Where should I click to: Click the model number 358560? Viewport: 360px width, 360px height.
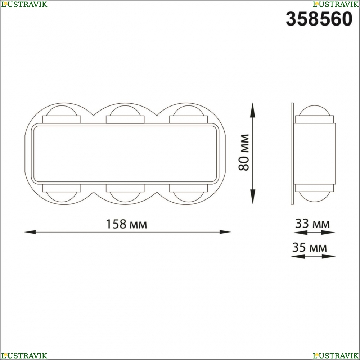319,19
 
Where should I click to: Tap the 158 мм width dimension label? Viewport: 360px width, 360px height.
126,224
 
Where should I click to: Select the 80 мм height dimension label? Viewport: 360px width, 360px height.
244,152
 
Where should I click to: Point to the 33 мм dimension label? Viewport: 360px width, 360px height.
312,224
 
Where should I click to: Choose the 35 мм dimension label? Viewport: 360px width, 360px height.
309,248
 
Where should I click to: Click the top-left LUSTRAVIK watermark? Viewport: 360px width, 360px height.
24,4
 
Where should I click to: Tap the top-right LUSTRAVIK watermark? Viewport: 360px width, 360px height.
336,4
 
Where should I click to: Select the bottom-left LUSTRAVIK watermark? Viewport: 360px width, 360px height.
24,356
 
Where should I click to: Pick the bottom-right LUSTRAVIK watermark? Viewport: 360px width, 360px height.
336,356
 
